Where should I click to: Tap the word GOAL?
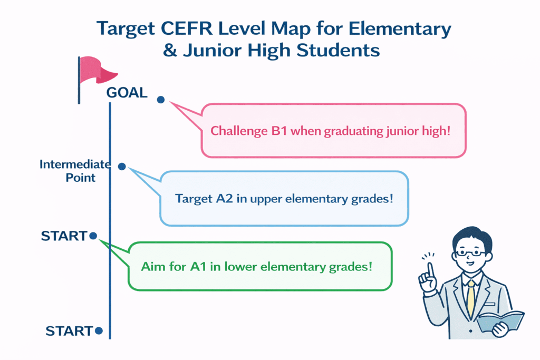(127, 93)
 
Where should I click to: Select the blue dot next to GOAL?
(161, 100)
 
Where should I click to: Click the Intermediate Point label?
(74, 171)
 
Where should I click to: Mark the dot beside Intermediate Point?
(122, 166)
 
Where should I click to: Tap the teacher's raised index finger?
(430, 269)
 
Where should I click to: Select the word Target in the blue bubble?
(193, 199)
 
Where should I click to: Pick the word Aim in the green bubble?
(153, 266)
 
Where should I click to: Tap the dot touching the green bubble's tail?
(93, 236)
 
